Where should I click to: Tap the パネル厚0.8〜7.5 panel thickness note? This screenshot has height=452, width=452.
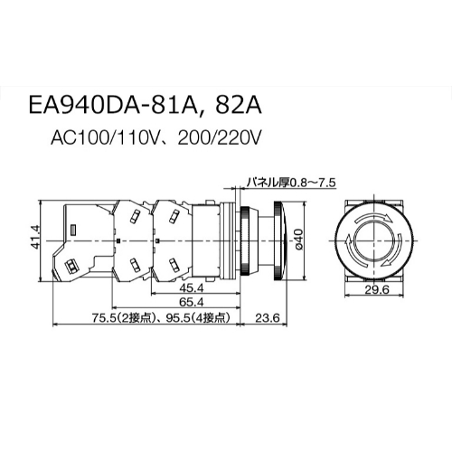click(x=291, y=183)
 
